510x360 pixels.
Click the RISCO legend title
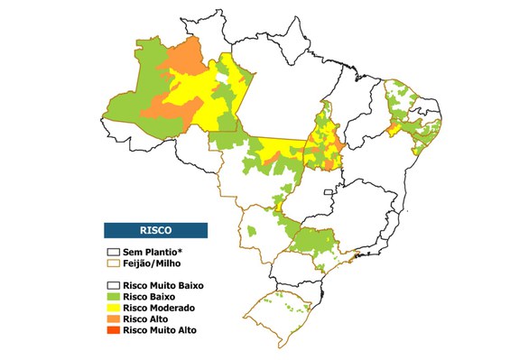click(x=155, y=229)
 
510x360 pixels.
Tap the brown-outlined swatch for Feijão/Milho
click(x=113, y=263)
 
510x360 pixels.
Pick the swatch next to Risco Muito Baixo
click(x=113, y=285)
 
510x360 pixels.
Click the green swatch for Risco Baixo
click(x=113, y=296)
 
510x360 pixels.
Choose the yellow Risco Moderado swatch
click(x=113, y=308)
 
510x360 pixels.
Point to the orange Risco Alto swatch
click(x=113, y=318)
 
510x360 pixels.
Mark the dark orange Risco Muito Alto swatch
click(x=113, y=330)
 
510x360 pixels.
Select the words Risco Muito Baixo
click(x=164, y=285)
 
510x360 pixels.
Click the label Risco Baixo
click(x=149, y=296)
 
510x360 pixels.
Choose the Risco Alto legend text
click(x=145, y=318)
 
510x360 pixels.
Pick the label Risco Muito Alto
click(x=160, y=330)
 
